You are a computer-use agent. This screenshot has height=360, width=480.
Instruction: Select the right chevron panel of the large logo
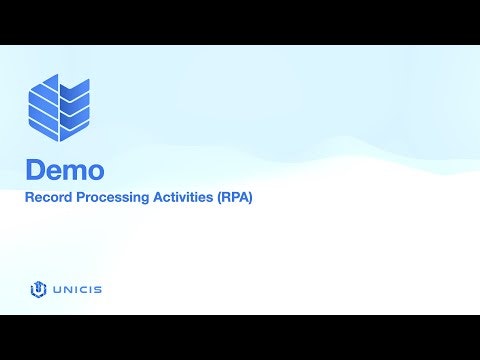(75, 108)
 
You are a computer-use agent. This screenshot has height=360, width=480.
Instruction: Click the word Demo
(65, 168)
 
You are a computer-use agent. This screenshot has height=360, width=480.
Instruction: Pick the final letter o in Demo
(96, 170)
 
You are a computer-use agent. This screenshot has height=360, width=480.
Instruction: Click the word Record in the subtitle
(48, 198)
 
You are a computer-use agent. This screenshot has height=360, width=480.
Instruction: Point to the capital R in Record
(30, 198)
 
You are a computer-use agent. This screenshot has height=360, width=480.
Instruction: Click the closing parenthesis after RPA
(250, 198)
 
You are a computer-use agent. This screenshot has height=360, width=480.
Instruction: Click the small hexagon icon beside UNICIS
(38, 290)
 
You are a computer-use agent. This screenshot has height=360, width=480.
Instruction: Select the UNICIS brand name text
(77, 290)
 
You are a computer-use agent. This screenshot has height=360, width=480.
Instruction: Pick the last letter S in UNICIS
(98, 290)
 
